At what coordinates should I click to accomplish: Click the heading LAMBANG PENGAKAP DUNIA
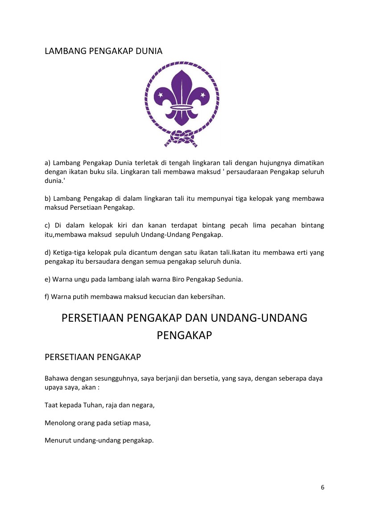coord(104,51)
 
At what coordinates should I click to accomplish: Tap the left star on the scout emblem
coord(161,95)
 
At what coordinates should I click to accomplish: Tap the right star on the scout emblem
coord(203,95)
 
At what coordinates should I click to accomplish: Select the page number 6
coord(322,487)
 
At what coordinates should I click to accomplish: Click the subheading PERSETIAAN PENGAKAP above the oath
coord(93,357)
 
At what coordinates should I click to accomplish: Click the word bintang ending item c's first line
coord(312,226)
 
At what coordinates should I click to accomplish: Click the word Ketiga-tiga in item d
coord(62,253)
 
